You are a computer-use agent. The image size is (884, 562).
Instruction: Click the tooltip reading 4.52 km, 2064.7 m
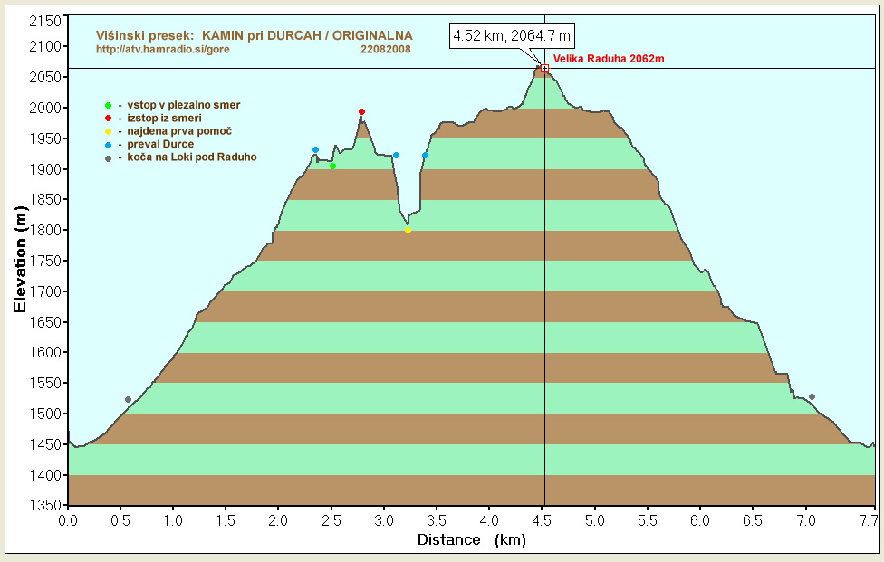(513, 36)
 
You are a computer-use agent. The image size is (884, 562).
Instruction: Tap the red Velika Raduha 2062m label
(609, 59)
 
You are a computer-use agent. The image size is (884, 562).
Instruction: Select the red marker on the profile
(361, 112)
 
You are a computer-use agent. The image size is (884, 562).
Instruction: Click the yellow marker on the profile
(408, 230)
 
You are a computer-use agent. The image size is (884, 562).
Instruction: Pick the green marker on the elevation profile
(333, 166)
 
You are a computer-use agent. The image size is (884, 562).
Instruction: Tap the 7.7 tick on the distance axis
(868, 521)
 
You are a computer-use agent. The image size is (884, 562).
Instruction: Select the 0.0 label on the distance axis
(69, 521)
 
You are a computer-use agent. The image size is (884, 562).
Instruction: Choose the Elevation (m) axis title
(20, 260)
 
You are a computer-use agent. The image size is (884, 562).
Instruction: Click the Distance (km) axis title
(471, 540)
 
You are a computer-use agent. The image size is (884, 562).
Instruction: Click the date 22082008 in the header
(385, 49)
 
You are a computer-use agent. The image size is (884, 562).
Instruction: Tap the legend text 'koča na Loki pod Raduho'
(191, 157)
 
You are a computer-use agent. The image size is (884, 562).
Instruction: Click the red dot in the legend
(108, 119)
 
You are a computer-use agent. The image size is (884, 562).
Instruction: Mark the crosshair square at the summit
(544, 68)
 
